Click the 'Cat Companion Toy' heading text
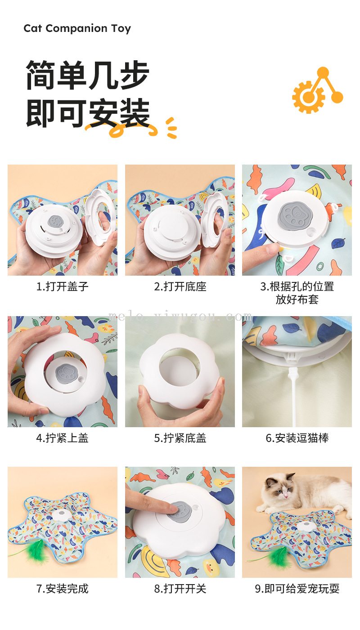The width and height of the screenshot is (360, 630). (77, 28)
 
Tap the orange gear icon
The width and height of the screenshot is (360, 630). (308, 97)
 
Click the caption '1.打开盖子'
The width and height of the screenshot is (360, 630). (62, 286)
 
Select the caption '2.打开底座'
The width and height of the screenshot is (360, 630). (180, 286)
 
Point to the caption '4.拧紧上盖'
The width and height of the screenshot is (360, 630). (62, 438)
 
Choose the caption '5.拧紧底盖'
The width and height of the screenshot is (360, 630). (180, 438)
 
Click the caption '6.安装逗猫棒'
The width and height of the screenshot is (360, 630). (297, 438)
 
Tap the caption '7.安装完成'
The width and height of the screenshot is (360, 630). (62, 589)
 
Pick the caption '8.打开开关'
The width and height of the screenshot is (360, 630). (180, 589)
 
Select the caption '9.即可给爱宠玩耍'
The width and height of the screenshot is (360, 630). (297, 589)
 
